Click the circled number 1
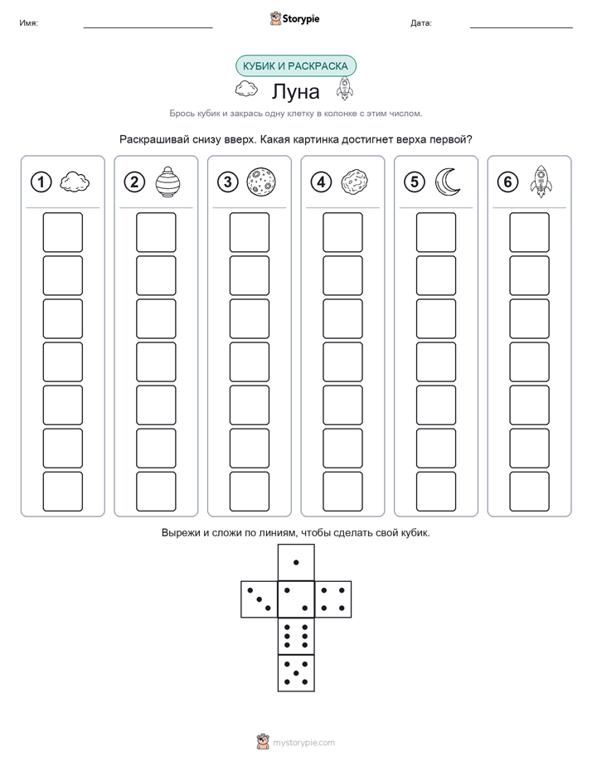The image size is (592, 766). (41, 182)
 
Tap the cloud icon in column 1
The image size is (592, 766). (75, 182)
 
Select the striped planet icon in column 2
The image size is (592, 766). (167, 182)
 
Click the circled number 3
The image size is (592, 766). (228, 182)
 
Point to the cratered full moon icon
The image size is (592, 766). (261, 182)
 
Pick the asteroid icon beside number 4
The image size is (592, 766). (355, 182)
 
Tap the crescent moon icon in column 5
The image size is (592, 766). (448, 182)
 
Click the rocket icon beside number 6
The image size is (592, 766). (541, 182)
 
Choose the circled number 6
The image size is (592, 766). (507, 182)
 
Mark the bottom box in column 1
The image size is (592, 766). (62, 492)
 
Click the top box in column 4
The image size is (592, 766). (342, 232)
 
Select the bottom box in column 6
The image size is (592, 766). (529, 492)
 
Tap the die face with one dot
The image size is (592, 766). (296, 562)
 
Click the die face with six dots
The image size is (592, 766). (296, 636)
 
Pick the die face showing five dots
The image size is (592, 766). (296, 672)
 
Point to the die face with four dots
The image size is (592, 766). (333, 599)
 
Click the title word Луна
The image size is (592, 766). (295, 91)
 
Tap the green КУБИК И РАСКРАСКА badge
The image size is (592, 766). (295, 66)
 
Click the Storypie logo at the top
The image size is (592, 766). (294, 18)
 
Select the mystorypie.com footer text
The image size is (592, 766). (303, 743)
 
